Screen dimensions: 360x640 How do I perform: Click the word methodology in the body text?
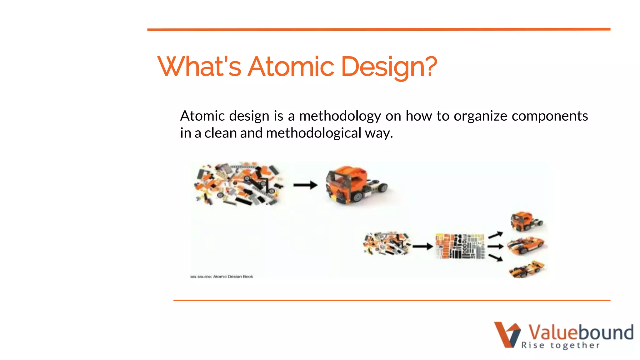pos(340,116)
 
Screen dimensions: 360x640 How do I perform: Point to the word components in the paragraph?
pos(550,116)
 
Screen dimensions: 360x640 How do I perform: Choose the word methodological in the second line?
pos(313,133)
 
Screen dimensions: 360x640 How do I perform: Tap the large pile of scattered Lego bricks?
pos(238,184)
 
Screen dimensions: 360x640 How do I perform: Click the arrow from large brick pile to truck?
pos(305,185)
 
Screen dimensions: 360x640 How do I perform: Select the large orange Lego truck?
pos(355,185)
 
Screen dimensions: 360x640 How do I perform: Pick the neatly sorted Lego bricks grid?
pos(460,246)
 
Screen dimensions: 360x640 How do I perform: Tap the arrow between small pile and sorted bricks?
pos(422,247)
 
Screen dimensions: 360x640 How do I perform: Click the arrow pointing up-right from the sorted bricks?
pos(496,235)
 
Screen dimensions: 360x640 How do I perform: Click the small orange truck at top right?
pos(526,222)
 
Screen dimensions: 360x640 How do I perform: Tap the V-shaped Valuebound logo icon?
pos(507,334)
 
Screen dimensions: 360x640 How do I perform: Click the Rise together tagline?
pos(560,345)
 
